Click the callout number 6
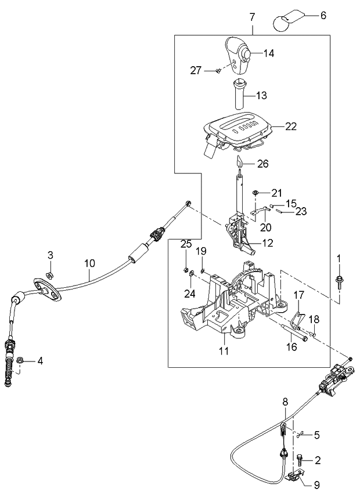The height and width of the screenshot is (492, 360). [323, 16]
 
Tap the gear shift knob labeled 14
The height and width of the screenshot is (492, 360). [236, 55]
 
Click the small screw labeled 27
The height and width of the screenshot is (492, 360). [217, 71]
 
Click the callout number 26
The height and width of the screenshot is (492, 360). [263, 164]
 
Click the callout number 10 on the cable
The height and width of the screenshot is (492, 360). [89, 263]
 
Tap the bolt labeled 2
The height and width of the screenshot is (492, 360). [298, 460]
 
